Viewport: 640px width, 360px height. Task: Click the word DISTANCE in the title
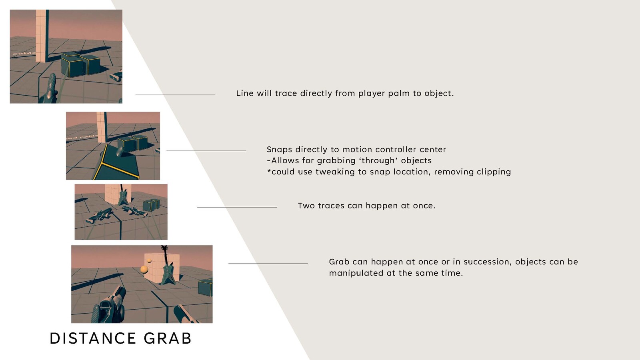[x=93, y=338]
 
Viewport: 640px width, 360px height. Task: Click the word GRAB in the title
[x=168, y=338]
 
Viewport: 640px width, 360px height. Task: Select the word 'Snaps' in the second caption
[x=280, y=150]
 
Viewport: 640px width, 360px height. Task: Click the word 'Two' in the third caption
[x=306, y=206]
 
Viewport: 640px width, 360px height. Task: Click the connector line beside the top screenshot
[x=175, y=94]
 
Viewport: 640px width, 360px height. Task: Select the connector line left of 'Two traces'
[x=237, y=207]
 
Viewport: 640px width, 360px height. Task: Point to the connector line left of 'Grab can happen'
[x=268, y=264]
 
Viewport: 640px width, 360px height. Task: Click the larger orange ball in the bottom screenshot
[x=144, y=270]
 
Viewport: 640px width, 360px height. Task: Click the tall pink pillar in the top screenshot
[x=41, y=36]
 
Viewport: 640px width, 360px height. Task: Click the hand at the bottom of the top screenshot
[x=49, y=89]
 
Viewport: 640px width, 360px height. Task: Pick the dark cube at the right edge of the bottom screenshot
[x=206, y=287]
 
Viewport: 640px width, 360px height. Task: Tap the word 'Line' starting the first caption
[x=244, y=94]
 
